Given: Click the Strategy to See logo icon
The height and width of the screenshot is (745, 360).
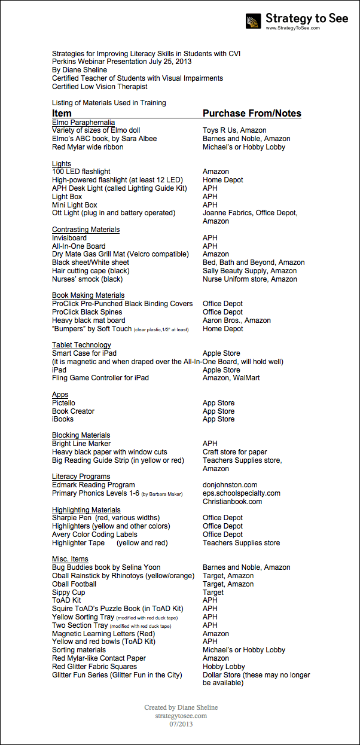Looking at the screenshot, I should (x=254, y=21).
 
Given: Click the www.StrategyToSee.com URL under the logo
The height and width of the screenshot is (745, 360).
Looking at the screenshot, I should (x=292, y=28).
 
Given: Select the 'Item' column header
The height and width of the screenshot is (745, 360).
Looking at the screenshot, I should (x=62, y=113).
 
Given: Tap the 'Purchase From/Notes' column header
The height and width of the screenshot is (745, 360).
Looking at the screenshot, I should (x=252, y=113).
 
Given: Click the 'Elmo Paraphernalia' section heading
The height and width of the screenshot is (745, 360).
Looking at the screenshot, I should (x=83, y=123).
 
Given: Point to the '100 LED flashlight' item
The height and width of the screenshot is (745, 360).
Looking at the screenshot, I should (x=81, y=172).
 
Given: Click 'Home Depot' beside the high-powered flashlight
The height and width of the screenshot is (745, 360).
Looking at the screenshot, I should (x=222, y=180).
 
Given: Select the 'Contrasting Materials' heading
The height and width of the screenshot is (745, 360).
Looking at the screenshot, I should (x=86, y=230).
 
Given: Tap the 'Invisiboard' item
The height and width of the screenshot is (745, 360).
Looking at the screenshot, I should (x=69, y=238).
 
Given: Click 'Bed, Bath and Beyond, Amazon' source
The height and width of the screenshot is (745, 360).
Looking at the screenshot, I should (x=254, y=262).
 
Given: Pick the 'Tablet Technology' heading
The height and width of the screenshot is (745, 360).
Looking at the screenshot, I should (x=81, y=345).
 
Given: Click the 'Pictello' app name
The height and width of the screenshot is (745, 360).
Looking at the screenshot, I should (x=64, y=403).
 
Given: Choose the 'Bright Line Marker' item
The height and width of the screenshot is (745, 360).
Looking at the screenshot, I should (x=81, y=444).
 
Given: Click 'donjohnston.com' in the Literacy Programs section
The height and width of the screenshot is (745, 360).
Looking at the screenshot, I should (x=230, y=485).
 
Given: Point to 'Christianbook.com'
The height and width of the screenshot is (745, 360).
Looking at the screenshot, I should (x=232, y=502).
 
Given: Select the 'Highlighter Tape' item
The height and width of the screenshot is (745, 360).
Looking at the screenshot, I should (x=77, y=543).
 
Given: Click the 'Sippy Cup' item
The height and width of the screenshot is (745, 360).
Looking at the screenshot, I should (x=68, y=593).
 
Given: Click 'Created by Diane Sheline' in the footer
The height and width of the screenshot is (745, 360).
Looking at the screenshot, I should (x=181, y=707).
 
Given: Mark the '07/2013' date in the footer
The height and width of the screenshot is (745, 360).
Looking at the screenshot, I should (x=181, y=724).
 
